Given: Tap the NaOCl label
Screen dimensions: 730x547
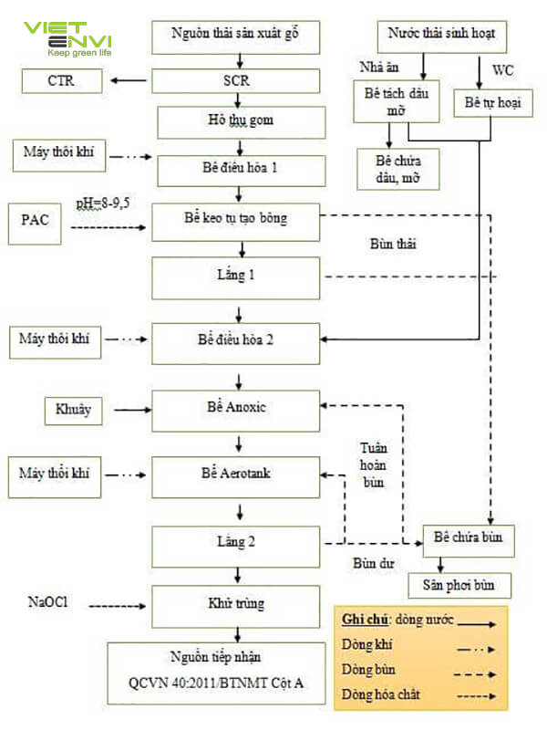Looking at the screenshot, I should pos(47,603).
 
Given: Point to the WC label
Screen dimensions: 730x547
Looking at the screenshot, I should pos(504,69).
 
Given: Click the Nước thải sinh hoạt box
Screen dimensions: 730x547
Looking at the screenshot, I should pos(441,36).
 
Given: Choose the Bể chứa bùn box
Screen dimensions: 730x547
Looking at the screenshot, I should pos(468,537).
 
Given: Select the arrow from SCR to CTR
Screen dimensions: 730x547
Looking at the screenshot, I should pos(129,81).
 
